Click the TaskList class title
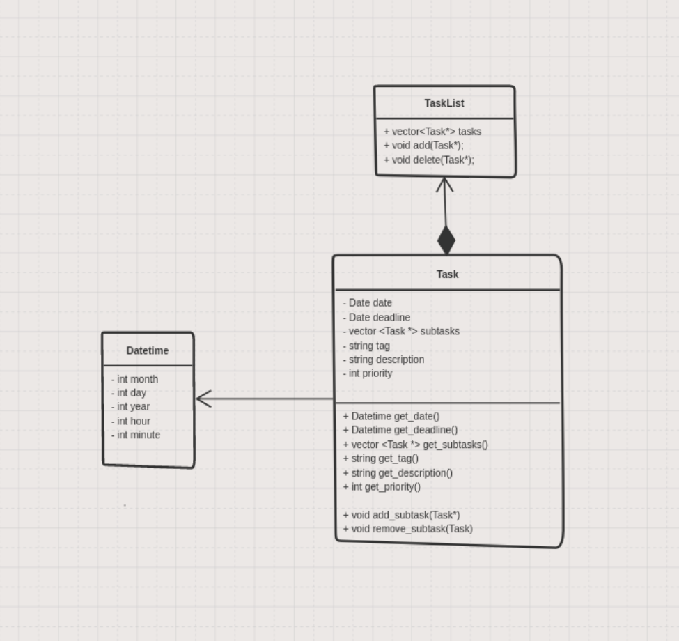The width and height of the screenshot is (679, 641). coord(444,103)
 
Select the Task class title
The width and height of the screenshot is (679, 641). coord(447,275)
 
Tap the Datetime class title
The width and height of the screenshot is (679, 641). coord(147,351)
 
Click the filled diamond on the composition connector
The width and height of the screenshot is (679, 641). coord(446,240)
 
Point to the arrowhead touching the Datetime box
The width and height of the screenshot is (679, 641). coord(203,399)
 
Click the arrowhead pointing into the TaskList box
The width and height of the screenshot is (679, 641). coord(444,185)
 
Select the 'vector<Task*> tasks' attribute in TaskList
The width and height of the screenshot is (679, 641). coord(432,132)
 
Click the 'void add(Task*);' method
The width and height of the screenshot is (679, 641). coord(423,146)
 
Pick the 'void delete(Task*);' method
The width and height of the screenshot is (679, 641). coord(428,160)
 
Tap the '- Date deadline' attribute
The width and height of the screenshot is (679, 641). coord(377,318)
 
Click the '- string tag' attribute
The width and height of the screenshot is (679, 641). coord(366,346)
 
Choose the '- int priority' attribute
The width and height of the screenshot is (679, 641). coord(368,373)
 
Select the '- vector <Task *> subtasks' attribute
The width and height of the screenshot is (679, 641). coord(401,332)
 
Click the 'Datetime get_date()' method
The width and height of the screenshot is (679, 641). coord(391,417)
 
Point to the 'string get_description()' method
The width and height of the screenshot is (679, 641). coord(398,473)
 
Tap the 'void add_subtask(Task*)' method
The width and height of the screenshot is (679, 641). coord(401,516)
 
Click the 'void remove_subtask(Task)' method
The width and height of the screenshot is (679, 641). coord(407,529)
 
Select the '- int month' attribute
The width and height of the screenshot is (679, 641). coord(134,379)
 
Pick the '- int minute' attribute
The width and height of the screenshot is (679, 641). coord(136,435)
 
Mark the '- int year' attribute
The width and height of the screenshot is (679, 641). coord(130,407)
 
